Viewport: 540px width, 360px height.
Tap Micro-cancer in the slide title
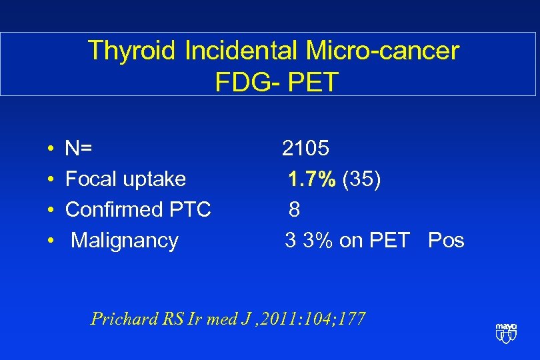(383, 51)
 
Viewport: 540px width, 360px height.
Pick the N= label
(79, 148)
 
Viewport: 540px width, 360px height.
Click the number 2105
(305, 148)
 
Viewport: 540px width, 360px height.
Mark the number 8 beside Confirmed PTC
(294, 209)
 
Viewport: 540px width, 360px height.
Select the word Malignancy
(125, 240)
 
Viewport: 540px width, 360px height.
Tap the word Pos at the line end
(446, 240)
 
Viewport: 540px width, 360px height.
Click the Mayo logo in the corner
(506, 332)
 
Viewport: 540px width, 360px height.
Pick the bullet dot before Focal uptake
(51, 179)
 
